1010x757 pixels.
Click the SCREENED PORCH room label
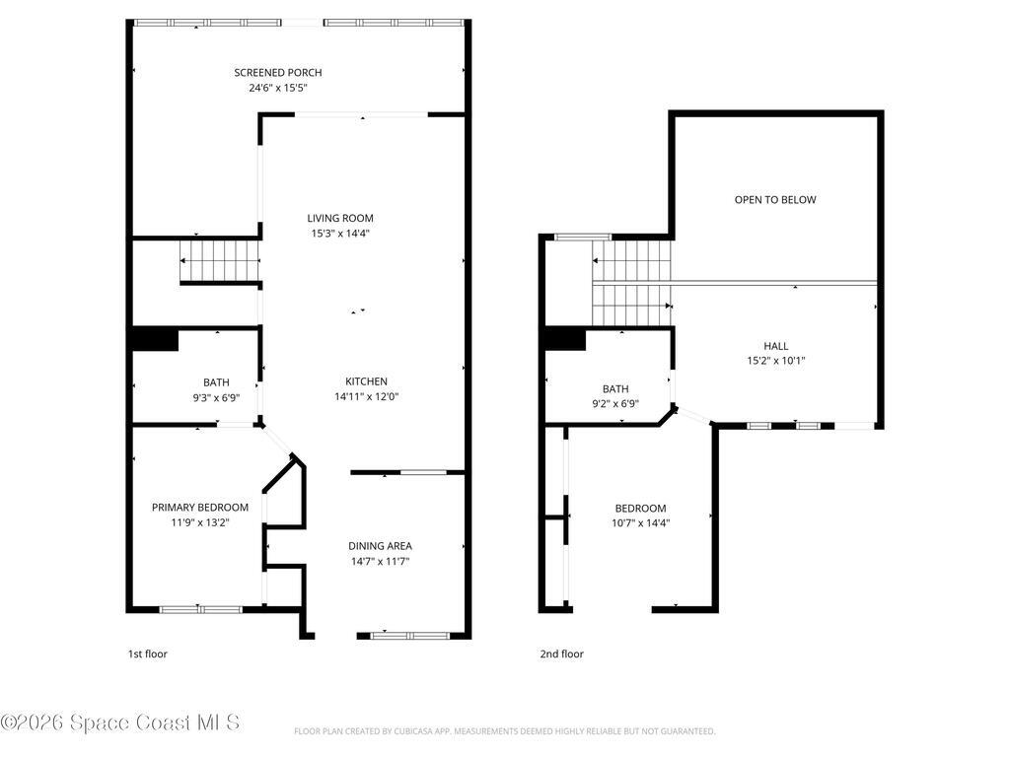(x=277, y=72)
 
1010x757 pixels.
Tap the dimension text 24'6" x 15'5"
(x=277, y=88)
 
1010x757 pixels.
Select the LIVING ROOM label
(x=339, y=218)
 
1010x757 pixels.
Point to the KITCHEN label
(x=366, y=381)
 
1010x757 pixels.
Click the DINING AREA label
(x=380, y=545)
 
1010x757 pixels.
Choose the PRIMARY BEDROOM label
(x=199, y=507)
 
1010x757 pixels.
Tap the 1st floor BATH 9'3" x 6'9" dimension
(x=215, y=398)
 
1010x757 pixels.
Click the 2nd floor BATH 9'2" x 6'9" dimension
(x=614, y=403)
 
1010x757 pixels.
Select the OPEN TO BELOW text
(x=775, y=200)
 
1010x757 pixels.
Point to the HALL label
(x=775, y=346)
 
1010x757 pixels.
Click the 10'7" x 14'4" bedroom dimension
(x=640, y=523)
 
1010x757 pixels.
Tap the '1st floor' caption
(x=147, y=654)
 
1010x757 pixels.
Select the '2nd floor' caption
(x=561, y=654)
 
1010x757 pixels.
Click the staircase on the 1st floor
(x=219, y=263)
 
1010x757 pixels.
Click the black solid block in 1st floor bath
(x=155, y=338)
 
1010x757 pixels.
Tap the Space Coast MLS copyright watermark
(x=119, y=723)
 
